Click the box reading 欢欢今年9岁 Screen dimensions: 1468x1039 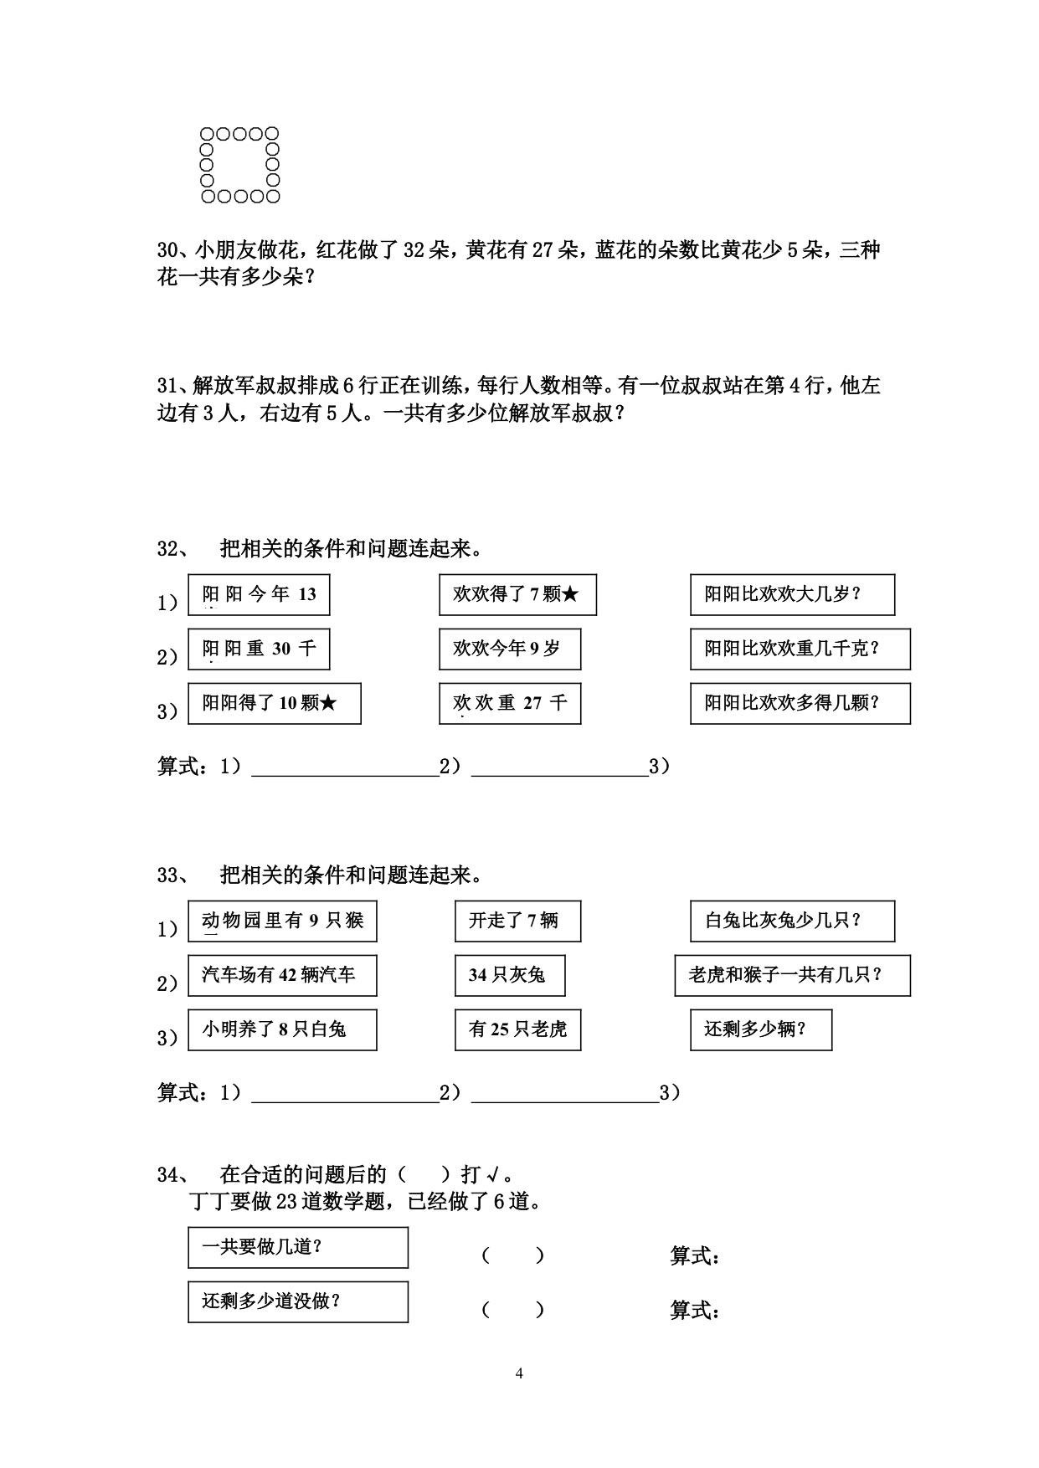pyautogui.click(x=510, y=649)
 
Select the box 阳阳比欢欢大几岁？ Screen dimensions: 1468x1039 pyautogui.click(x=792, y=595)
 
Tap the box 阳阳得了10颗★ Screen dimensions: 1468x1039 pyautogui.click(x=275, y=704)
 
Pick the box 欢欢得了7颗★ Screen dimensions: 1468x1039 pyautogui.click(x=517, y=595)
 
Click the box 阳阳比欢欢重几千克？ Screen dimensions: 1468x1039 pyautogui.click(x=800, y=649)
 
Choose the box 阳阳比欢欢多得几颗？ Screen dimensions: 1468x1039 pyautogui.click(x=800, y=704)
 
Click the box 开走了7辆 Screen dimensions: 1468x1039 pyautogui.click(x=517, y=921)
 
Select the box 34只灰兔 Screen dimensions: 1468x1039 pyautogui.click(x=510, y=976)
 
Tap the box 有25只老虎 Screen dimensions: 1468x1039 pyautogui.click(x=517, y=1030)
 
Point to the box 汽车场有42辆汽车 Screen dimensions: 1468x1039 pyautogui.click(x=282, y=976)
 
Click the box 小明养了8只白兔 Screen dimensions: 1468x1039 pyautogui.click(x=282, y=1030)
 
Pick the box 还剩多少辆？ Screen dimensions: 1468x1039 pyautogui.click(x=761, y=1030)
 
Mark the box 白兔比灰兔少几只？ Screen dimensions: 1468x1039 pyautogui.click(x=792, y=921)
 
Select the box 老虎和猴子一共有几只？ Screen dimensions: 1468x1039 pyautogui.click(x=792, y=976)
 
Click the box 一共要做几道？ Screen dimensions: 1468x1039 pyautogui.click(x=298, y=1248)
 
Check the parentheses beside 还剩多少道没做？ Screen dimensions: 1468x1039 pyautogui.click(x=513, y=1310)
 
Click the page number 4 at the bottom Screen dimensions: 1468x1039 pyautogui.click(x=519, y=1373)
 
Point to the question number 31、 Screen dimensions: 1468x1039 pyautogui.click(x=174, y=386)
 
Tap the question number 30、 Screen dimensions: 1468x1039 pyautogui.click(x=174, y=250)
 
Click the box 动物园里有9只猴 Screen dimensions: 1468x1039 pyautogui.click(x=282, y=921)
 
